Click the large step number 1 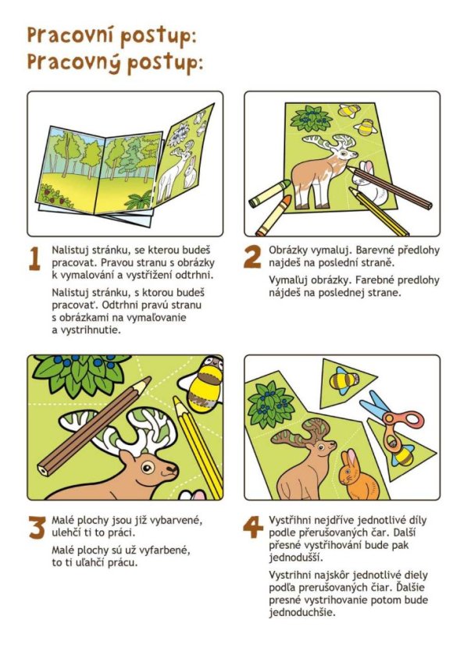point(35,258)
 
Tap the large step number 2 point(252,257)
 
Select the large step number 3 point(37,527)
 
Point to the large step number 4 point(252,527)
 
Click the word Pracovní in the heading point(70,35)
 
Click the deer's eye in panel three point(148,466)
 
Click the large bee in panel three point(202,383)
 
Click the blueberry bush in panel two point(312,118)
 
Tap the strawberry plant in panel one point(55,196)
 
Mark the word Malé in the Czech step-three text point(63,520)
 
